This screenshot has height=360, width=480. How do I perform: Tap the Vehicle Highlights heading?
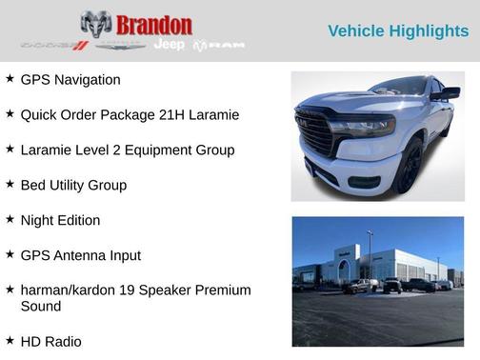click(x=398, y=31)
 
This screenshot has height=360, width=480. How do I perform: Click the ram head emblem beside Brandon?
click(x=96, y=25)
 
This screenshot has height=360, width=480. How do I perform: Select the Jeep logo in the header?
click(x=170, y=45)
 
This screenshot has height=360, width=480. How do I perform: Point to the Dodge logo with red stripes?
click(x=54, y=45)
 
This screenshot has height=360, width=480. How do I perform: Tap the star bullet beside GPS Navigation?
click(x=10, y=79)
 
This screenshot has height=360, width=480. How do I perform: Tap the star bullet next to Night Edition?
click(x=10, y=219)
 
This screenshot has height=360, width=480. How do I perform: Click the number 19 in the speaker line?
click(x=133, y=290)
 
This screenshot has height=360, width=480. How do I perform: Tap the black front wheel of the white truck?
click(x=410, y=168)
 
